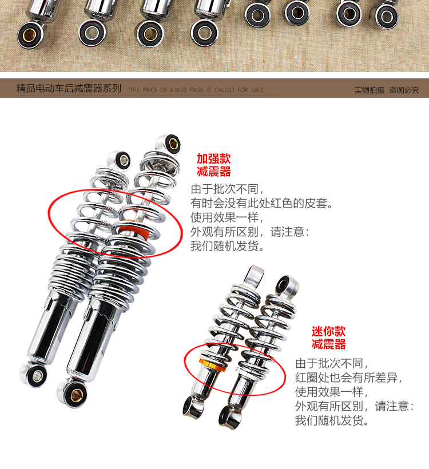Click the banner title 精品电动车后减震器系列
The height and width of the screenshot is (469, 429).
[69, 89]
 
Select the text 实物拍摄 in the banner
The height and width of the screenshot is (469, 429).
[369, 90]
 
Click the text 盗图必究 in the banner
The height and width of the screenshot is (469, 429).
[404, 90]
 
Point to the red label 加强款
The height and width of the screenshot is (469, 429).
[213, 159]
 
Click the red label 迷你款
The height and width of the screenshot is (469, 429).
[328, 331]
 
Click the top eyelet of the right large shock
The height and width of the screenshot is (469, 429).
[169, 141]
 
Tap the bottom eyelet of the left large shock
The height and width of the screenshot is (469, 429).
[33, 375]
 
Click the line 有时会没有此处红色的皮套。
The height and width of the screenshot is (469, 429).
[261, 203]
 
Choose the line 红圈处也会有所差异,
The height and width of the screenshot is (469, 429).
[349, 378]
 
